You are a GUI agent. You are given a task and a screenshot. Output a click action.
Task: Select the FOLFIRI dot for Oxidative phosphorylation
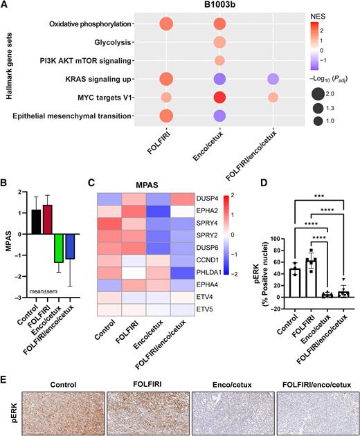pos(166,25)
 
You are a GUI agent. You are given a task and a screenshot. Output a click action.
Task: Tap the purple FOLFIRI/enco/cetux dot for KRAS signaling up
pos(273,79)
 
